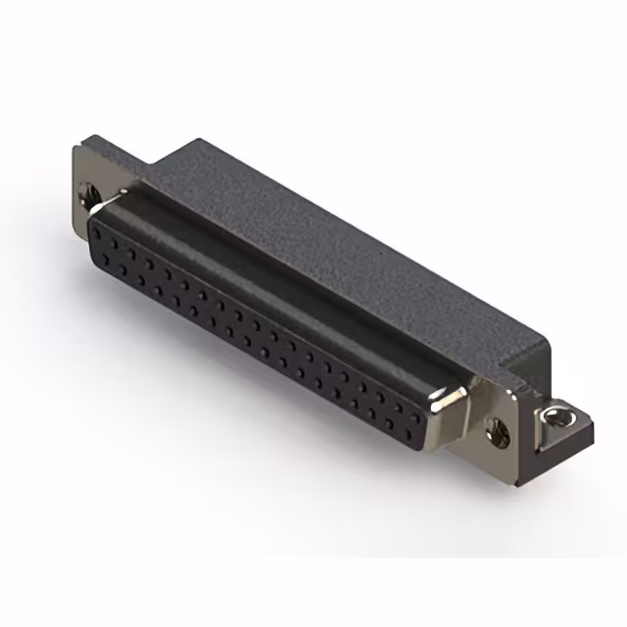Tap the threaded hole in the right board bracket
point(560,415)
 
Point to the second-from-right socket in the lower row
point(390,423)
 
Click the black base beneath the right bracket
point(568,441)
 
